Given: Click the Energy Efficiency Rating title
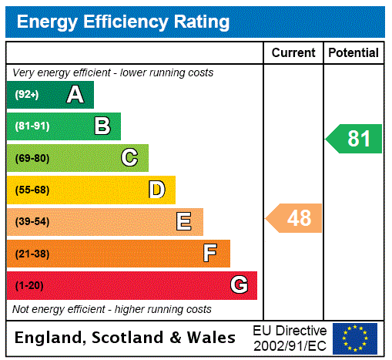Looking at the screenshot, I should click(x=123, y=22).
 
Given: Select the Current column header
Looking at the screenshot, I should click(x=293, y=53).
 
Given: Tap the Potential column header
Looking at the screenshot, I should click(x=353, y=53).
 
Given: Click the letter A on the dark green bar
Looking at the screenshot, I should click(x=75, y=95).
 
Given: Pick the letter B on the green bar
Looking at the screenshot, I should click(x=102, y=126).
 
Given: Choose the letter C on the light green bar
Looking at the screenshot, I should click(x=129, y=158).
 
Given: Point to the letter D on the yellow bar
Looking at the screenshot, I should click(x=156, y=190).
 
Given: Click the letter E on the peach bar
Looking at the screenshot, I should click(x=184, y=222).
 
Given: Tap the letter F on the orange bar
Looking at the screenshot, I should click(x=210, y=254).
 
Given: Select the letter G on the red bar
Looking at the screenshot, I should click(x=239, y=285).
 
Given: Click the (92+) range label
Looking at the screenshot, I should click(x=27, y=95).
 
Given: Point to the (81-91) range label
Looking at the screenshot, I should click(x=32, y=126).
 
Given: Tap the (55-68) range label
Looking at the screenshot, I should click(x=32, y=190).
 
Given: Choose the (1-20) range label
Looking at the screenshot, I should click(x=29, y=286).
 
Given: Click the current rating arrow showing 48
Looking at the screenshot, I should click(x=295, y=218).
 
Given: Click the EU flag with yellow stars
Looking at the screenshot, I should click(x=355, y=338).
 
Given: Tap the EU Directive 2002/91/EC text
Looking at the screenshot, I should click(x=290, y=338).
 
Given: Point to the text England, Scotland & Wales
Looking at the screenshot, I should click(x=126, y=338).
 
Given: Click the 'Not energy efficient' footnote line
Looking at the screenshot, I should click(x=112, y=310).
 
